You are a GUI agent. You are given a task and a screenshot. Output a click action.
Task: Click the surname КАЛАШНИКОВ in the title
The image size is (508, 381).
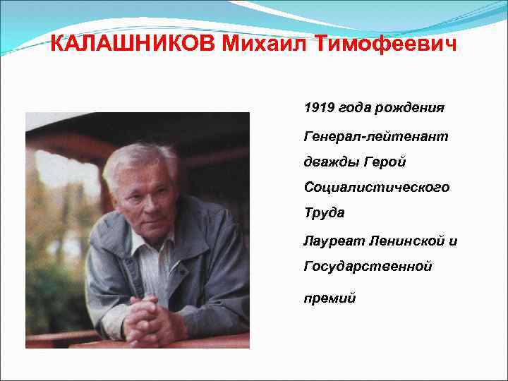click(x=134, y=45)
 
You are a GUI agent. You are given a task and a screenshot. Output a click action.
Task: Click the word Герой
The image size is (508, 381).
click(x=385, y=162)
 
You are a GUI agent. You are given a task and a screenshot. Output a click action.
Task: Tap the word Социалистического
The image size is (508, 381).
click(x=377, y=188)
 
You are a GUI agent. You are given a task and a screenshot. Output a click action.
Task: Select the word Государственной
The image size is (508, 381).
click(x=368, y=267)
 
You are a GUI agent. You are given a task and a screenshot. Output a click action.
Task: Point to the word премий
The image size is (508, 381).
click(x=330, y=298)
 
